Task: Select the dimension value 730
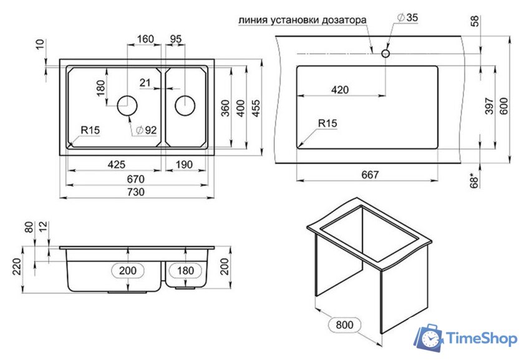coord(136,192)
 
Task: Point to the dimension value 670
coord(136,179)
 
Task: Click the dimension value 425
coord(117,165)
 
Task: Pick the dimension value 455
coord(256,108)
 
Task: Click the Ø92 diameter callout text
coord(147,130)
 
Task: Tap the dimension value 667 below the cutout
coord(371,175)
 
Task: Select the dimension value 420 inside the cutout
coord(340,90)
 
